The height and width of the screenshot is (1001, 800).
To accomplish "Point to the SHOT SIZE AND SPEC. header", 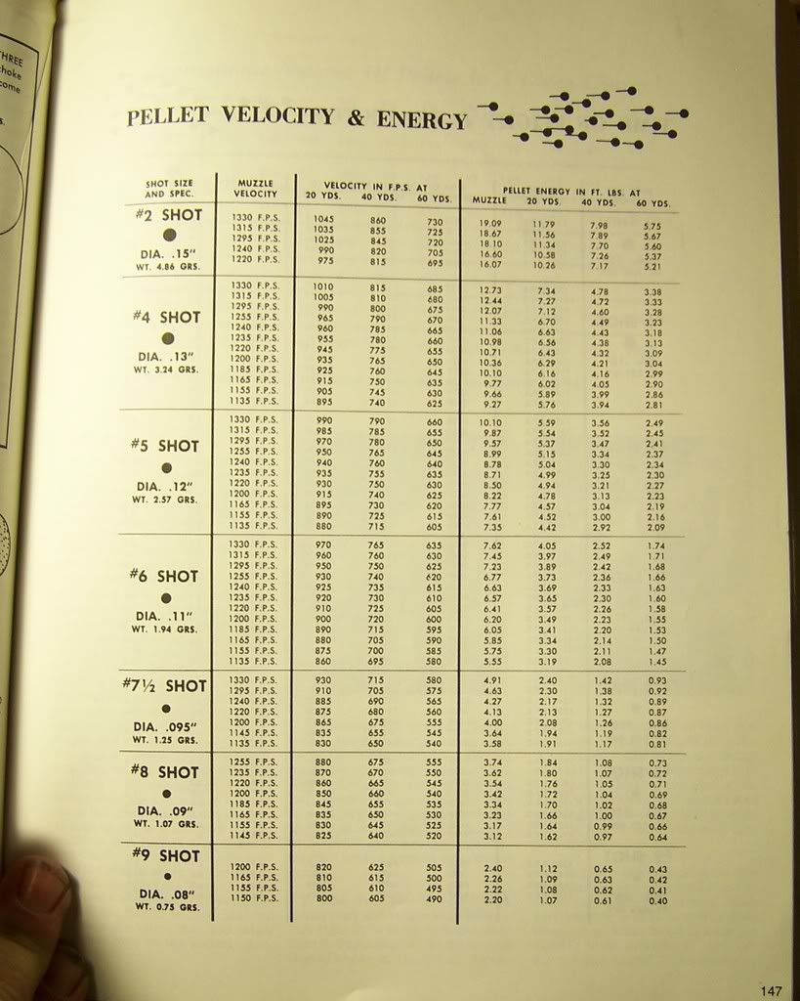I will point(169,188).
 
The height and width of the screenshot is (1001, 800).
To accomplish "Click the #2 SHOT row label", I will point(168,215).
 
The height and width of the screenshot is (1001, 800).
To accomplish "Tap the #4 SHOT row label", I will point(166,317).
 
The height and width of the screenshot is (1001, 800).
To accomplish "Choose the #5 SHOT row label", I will point(165,446).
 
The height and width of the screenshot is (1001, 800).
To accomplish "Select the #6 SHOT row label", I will point(165,576).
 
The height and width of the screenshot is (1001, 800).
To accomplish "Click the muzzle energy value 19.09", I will point(490,224).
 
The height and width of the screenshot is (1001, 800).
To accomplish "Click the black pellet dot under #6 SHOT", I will point(166,597).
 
